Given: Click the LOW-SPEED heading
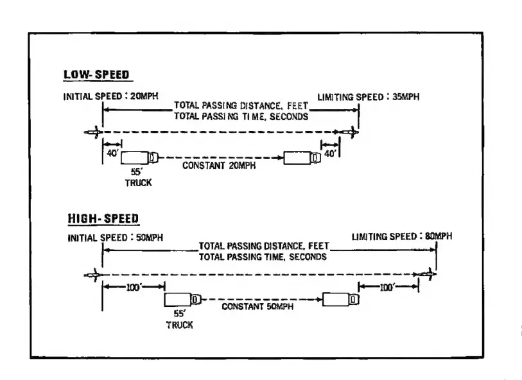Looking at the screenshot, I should point(96,74).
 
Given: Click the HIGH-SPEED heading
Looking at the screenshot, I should point(103,219).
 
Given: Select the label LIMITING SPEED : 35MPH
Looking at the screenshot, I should point(363,98).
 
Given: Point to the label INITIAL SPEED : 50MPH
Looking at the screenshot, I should point(115,237).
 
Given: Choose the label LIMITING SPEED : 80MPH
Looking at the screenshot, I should point(401,237).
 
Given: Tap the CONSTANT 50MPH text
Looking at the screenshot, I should point(258,307).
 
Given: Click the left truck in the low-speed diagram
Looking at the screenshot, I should point(138,157).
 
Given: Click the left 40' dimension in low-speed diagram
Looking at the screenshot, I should point(112,155).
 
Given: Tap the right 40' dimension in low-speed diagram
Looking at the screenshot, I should point(330,155).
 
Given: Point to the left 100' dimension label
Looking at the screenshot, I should point(134,288).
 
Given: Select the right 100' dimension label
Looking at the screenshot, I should point(388,288).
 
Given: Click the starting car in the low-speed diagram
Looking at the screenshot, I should point(92,133).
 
